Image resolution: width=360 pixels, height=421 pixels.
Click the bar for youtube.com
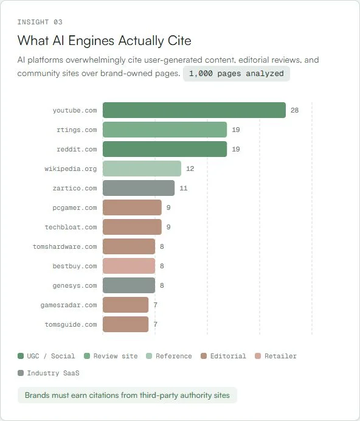click(194, 110)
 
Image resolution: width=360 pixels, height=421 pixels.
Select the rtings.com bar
click(165, 130)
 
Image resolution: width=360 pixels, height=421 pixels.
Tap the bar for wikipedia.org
click(142, 169)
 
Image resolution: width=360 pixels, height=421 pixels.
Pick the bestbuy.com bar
click(129, 266)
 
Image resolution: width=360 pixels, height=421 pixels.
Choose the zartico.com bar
click(139, 188)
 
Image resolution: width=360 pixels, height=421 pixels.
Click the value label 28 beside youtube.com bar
click(294, 110)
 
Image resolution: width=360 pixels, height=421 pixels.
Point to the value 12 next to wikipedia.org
click(190, 169)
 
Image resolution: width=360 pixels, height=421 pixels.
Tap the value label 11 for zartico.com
click(183, 188)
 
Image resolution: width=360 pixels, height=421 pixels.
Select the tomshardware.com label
click(64, 246)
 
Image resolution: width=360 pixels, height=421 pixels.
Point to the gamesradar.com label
click(68, 305)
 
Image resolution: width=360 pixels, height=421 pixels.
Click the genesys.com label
click(74, 285)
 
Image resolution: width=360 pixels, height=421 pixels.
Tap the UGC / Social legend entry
click(47, 356)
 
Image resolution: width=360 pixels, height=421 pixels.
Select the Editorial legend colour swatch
click(204, 356)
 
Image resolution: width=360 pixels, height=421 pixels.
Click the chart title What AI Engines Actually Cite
click(104, 41)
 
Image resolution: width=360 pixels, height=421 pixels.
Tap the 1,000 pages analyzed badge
click(237, 74)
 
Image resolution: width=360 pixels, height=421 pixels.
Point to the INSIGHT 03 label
click(40, 22)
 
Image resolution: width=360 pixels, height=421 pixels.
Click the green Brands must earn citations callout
click(127, 395)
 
